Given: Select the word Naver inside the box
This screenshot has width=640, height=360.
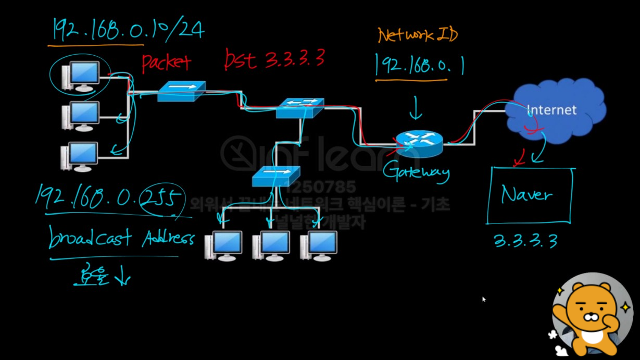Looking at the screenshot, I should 526,195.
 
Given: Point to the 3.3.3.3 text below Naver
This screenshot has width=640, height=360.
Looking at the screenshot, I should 525,241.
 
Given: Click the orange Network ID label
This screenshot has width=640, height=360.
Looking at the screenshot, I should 418,36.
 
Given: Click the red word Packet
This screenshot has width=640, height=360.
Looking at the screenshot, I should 166,63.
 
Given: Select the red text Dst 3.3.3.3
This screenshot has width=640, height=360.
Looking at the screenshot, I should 274,59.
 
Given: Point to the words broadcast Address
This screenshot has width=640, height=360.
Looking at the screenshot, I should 121,239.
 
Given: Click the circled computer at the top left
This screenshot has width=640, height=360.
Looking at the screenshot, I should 80,75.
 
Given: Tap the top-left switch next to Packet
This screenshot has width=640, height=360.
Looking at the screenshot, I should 181,92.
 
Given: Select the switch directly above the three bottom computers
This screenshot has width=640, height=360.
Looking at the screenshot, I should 275,176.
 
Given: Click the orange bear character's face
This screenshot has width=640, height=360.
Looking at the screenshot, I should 591,311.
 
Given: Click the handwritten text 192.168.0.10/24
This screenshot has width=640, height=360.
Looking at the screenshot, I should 128,30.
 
